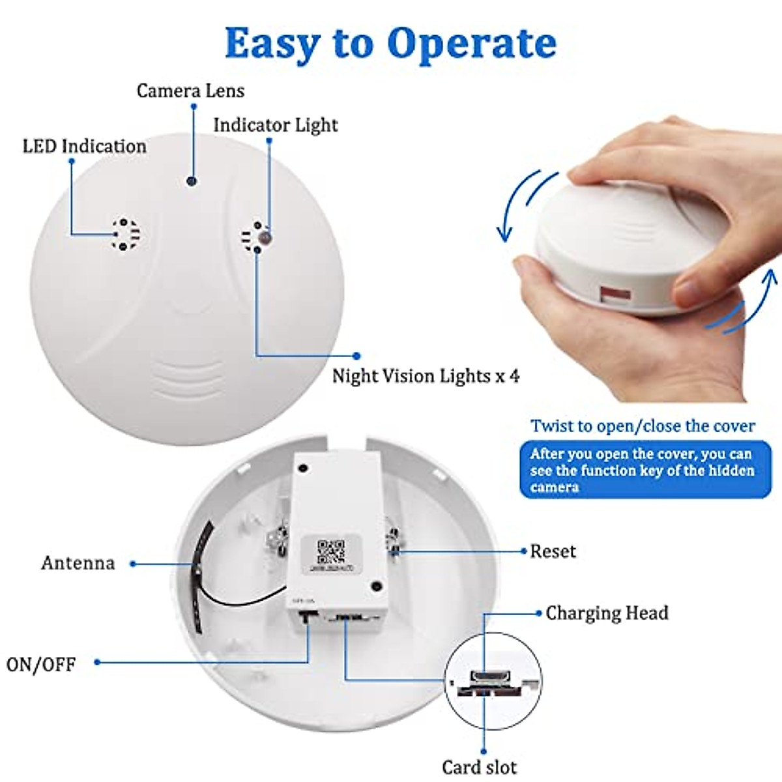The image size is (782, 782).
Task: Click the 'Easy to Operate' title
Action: tap(390, 44)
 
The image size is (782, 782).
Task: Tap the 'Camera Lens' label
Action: tap(190, 91)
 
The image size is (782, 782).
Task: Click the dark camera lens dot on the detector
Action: tap(192, 181)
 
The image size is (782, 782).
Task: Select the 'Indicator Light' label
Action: tap(276, 125)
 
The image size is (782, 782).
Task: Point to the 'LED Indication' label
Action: tap(84, 146)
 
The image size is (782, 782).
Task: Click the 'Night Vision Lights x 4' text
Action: tap(426, 376)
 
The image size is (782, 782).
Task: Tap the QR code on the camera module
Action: tap(330, 551)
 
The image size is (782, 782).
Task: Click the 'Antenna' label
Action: tap(78, 563)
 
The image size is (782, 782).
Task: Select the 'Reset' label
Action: tap(553, 551)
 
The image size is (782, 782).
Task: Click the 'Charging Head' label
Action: tap(607, 613)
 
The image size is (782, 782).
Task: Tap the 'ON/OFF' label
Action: tap(41, 665)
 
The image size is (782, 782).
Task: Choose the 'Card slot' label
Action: tap(479, 767)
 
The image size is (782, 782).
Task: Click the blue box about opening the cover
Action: tap(644, 470)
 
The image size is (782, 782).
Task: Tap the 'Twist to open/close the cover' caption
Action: tap(643, 426)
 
